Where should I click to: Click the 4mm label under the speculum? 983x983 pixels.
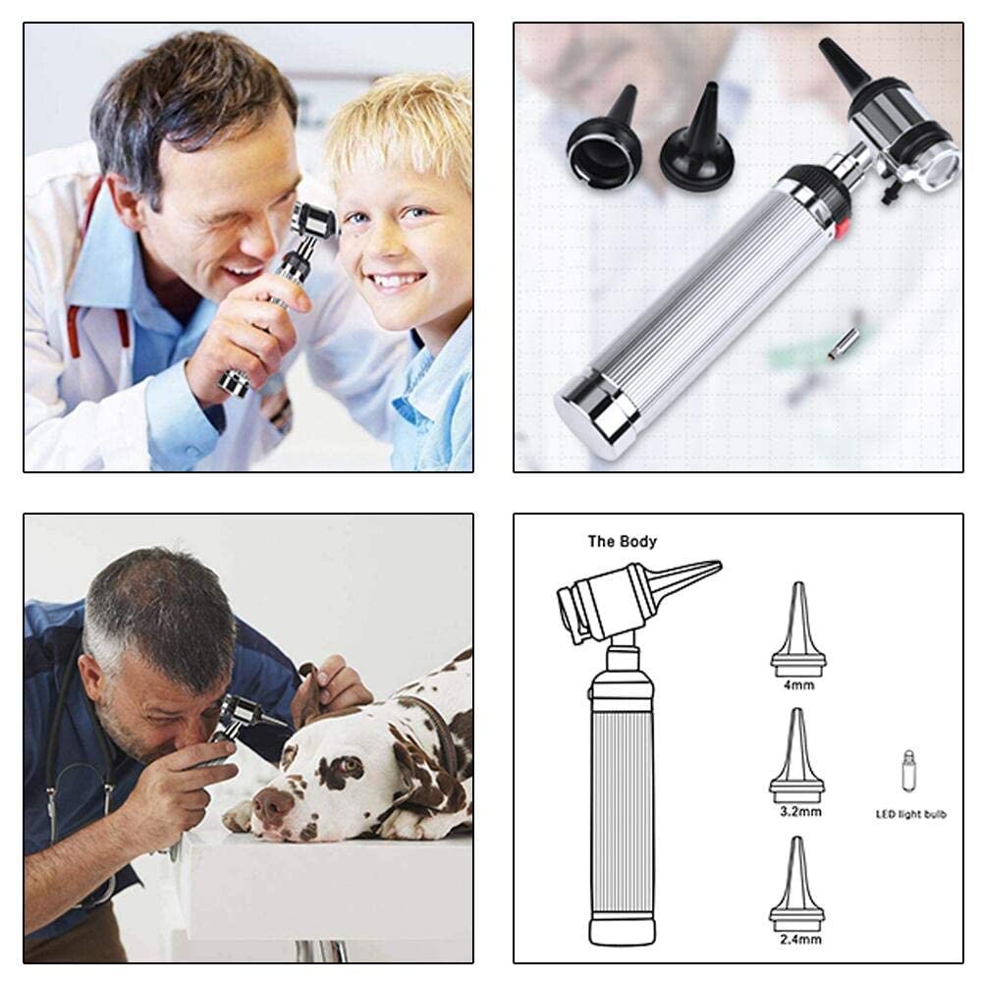(797, 686)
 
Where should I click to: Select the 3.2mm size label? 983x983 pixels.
(797, 812)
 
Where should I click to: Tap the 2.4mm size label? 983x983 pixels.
(797, 940)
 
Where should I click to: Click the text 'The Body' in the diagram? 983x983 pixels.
(622, 541)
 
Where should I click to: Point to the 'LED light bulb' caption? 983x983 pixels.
(910, 814)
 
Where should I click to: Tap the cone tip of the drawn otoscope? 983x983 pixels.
(687, 577)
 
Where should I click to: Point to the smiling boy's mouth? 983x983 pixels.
(398, 282)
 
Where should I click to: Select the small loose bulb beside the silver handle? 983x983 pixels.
(843, 343)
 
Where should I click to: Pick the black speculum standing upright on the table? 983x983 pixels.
(697, 147)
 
